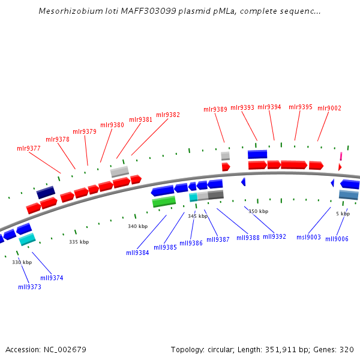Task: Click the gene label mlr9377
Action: tap(29, 148)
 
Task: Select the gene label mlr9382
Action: tap(168, 115)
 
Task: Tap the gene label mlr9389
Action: tap(215, 109)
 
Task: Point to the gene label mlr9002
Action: tap(329, 108)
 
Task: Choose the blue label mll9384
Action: tap(137, 253)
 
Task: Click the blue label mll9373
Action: tap(29, 287)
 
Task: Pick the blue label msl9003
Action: tap(308, 238)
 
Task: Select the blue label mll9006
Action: tap(337, 239)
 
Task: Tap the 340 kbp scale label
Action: tap(137, 226)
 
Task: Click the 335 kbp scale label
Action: tap(79, 242)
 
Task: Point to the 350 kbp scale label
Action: tap(258, 211)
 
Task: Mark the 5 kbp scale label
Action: tap(343, 214)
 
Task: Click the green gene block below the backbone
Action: tap(164, 202)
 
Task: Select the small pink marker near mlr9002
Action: tap(341, 156)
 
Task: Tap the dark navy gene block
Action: tap(46, 193)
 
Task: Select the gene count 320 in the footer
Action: tap(347, 349)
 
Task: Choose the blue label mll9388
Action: tap(248, 238)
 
